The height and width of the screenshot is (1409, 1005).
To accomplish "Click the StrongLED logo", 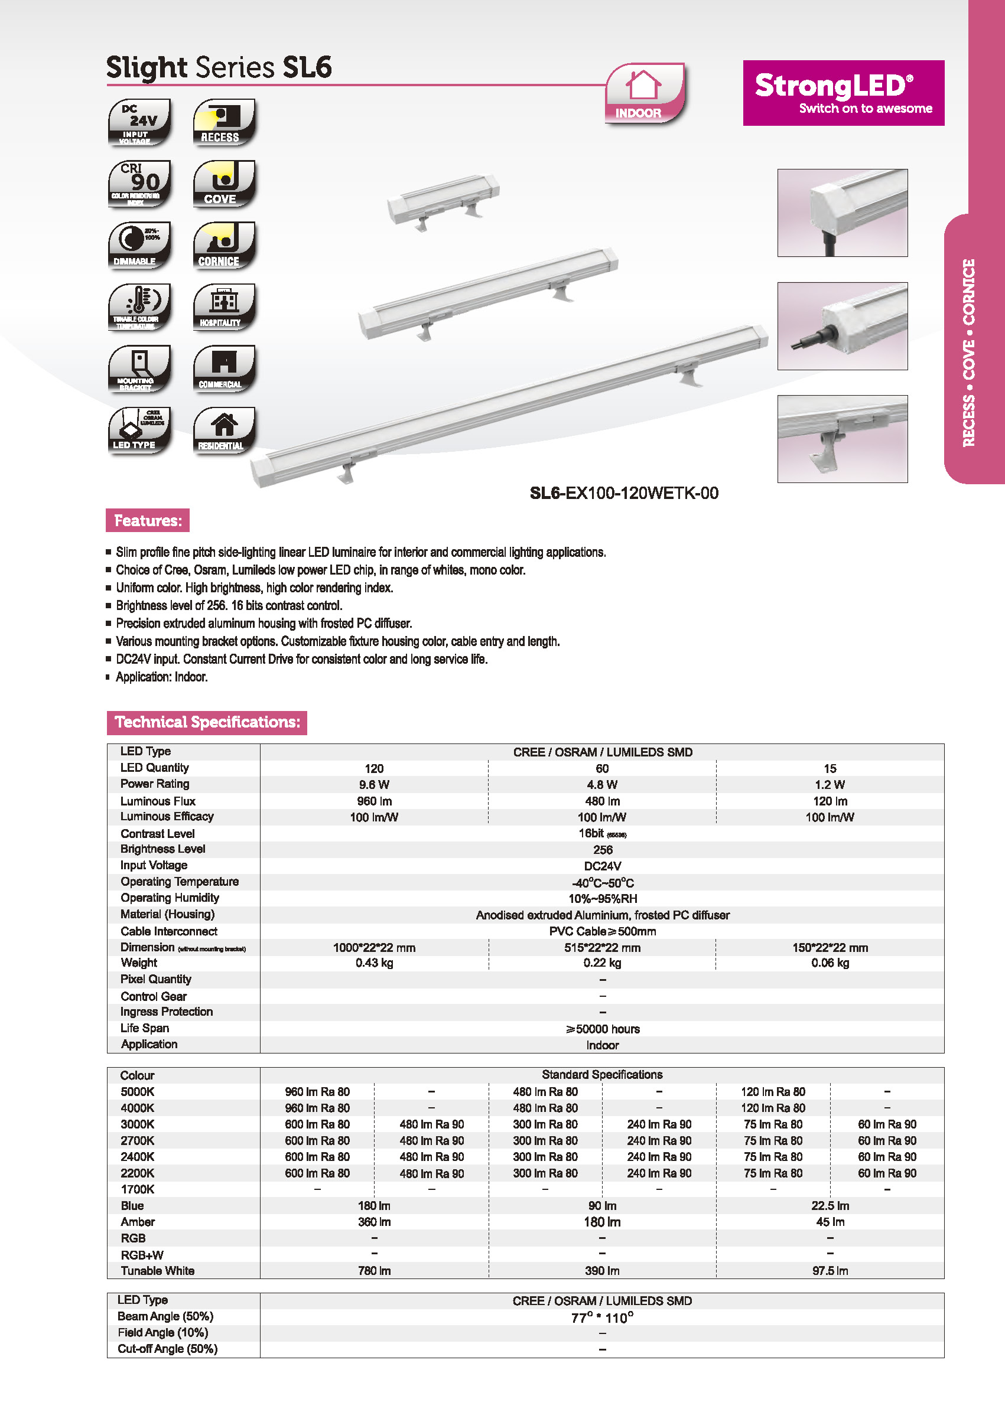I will click(843, 93).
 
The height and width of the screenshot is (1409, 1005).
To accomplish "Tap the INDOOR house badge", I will click(644, 93).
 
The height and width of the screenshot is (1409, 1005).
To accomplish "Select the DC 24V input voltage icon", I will click(139, 122).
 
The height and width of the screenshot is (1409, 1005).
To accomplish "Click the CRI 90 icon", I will click(139, 184).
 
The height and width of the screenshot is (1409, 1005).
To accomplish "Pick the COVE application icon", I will click(224, 184).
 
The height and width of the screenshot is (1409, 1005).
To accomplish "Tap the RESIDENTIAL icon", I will click(224, 430).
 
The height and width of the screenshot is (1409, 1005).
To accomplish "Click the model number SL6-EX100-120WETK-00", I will click(624, 493).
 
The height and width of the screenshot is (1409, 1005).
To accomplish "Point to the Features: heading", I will click(148, 520).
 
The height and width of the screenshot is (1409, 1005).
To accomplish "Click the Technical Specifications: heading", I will click(207, 722).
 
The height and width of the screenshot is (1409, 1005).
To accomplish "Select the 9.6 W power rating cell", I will click(374, 784).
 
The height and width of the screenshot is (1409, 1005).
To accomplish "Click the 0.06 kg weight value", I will click(830, 963).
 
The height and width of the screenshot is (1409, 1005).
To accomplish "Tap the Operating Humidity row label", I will click(170, 898).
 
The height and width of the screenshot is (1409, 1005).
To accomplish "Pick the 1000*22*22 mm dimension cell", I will click(374, 947).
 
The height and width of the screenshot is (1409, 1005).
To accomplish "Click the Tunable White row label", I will click(157, 1270).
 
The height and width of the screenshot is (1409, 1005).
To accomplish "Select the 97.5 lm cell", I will click(830, 1270).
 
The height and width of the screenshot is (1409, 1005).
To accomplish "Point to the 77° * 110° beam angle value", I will click(602, 1317).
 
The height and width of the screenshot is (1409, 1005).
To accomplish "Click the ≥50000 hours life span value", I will click(602, 1029).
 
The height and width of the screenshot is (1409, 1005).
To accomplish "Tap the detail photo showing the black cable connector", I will click(843, 326).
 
